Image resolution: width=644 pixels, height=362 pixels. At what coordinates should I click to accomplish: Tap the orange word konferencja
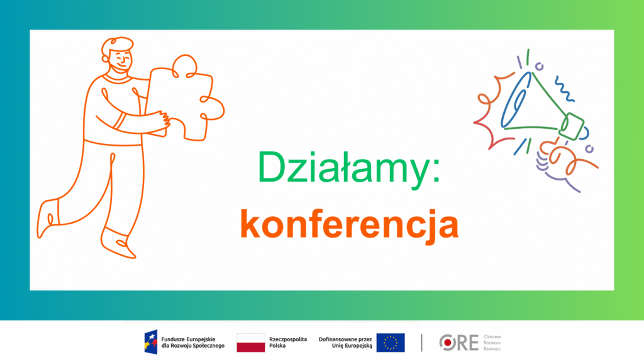coord(350,224)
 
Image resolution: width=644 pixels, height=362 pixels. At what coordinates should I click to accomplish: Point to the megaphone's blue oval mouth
coord(516,100)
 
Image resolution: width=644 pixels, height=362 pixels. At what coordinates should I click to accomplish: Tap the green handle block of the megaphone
coord(571,127)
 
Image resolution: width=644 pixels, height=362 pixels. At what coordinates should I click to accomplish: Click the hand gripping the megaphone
coord(557,160)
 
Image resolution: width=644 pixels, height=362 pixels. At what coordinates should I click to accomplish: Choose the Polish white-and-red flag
coord(251,343)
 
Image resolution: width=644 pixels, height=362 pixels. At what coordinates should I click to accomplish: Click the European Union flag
coord(391,343)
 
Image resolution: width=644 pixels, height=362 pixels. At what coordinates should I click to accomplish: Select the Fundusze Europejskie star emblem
coord(151,342)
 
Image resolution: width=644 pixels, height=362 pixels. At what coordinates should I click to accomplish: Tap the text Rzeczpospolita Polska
coord(288,343)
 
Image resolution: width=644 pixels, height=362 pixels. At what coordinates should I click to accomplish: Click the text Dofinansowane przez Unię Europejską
coord(345,343)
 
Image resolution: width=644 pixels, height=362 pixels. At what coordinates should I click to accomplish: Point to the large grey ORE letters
coord(458,343)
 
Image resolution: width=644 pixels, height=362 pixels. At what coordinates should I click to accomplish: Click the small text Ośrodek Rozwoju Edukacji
coord(492,343)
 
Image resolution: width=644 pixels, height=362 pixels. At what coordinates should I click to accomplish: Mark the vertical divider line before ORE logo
coord(422,343)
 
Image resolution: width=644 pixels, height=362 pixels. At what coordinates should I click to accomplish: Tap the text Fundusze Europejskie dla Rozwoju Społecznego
coord(193,343)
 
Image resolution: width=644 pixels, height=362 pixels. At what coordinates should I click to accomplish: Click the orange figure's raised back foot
coord(48,218)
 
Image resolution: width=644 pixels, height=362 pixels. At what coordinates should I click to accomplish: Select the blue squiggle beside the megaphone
coord(564,89)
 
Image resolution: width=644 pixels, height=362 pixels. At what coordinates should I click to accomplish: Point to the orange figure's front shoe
coord(118,244)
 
